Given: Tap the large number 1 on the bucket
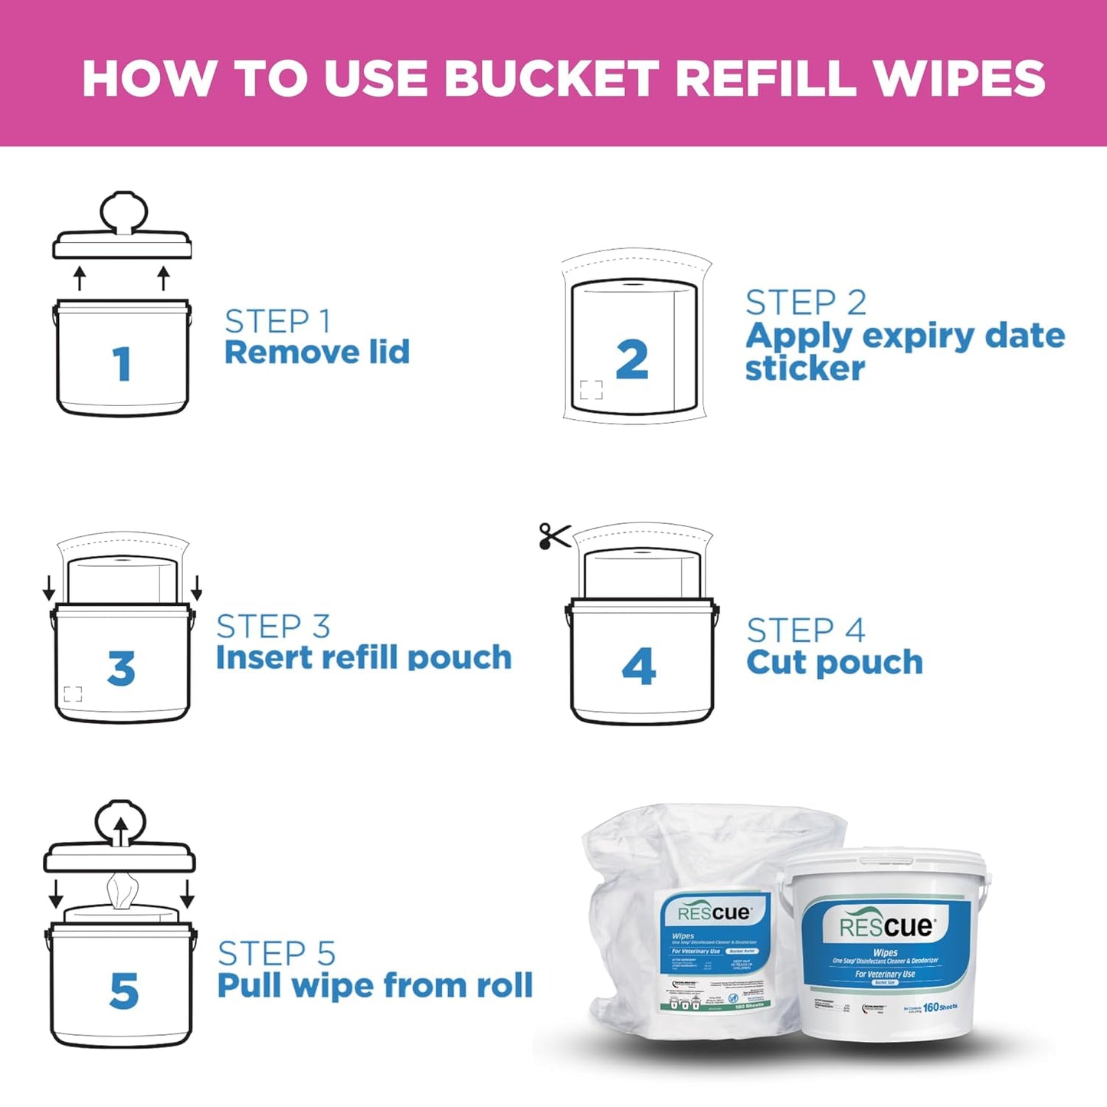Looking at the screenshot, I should [122, 364].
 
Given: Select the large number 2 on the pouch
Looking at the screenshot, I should [632, 360].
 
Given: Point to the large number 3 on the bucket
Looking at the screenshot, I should [122, 668].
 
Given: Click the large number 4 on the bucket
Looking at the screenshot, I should [639, 666].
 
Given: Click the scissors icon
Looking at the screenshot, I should [555, 535].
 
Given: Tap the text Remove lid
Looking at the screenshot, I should [317, 352].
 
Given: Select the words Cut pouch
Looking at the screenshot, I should [834, 663].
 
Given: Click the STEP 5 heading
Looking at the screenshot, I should [277, 954].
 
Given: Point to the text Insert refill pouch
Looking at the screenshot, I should [363, 658].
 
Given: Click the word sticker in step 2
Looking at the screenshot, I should [804, 368].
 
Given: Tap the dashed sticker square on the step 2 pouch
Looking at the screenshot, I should [591, 390].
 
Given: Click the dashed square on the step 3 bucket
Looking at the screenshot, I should [73, 694].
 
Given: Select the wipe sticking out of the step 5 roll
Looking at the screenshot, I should [123, 890].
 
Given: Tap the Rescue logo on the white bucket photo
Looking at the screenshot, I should [886, 927].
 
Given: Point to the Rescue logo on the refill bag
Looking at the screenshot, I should [714, 912].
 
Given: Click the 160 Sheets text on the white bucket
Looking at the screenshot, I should [940, 1007].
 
